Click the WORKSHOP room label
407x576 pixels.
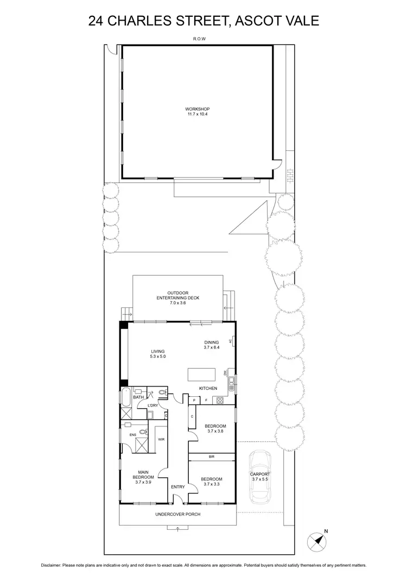point(197,109)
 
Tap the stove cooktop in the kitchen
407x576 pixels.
point(221,401)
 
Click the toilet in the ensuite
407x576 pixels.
point(142,432)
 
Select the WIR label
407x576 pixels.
point(161,439)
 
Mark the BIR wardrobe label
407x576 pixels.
point(212,458)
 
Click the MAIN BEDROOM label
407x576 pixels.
point(144,474)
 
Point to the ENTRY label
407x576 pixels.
point(177,486)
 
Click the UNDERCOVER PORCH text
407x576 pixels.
point(177,514)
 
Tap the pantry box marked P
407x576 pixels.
point(194,401)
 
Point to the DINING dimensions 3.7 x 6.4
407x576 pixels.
point(211,347)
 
